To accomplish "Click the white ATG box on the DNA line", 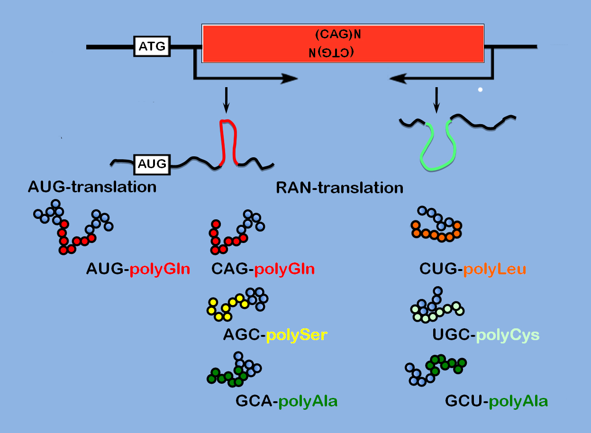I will point(152,46).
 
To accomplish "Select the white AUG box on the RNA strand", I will point(152,164).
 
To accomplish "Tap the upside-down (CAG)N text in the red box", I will point(337,35).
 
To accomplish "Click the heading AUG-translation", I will point(92,187).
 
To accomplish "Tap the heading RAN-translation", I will point(339,188).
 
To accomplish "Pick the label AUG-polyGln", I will point(138,270).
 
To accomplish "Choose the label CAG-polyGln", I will point(263,270).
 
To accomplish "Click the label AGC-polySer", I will point(275,335).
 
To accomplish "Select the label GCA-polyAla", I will point(286,401).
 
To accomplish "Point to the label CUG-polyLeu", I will point(473,270).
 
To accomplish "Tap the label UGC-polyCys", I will point(486,335).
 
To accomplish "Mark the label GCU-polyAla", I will point(496,401).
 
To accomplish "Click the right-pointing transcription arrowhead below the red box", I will point(289,78).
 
